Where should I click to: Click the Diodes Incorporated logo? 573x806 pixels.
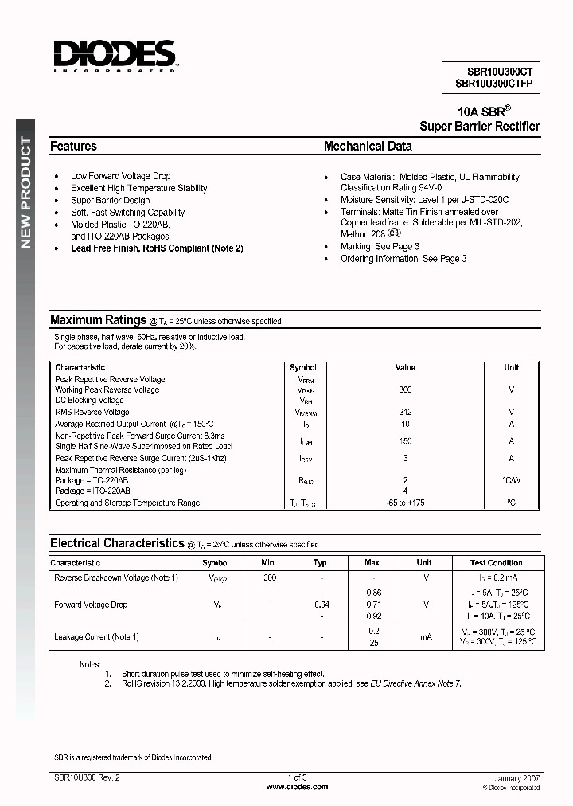115,55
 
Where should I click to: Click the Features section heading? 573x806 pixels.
73,147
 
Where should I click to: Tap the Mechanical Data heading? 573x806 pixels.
368,147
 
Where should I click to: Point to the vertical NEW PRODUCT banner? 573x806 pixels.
26,191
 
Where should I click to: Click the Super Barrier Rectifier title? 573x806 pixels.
479,127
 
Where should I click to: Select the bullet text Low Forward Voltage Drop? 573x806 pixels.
120,176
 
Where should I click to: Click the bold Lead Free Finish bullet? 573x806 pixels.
157,248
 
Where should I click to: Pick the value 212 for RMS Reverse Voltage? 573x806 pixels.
405,412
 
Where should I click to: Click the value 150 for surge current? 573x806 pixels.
405,440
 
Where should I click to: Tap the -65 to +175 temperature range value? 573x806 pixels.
405,503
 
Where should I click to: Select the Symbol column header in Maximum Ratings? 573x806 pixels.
303,367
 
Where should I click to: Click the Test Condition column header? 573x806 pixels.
497,562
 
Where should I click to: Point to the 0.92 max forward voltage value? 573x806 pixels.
372,616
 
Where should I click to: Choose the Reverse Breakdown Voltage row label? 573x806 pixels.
116,577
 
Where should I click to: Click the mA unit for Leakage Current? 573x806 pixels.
425,636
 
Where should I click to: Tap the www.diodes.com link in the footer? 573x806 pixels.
296,787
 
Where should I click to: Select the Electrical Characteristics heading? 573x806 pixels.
117,543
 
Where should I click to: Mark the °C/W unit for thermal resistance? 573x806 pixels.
511,480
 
